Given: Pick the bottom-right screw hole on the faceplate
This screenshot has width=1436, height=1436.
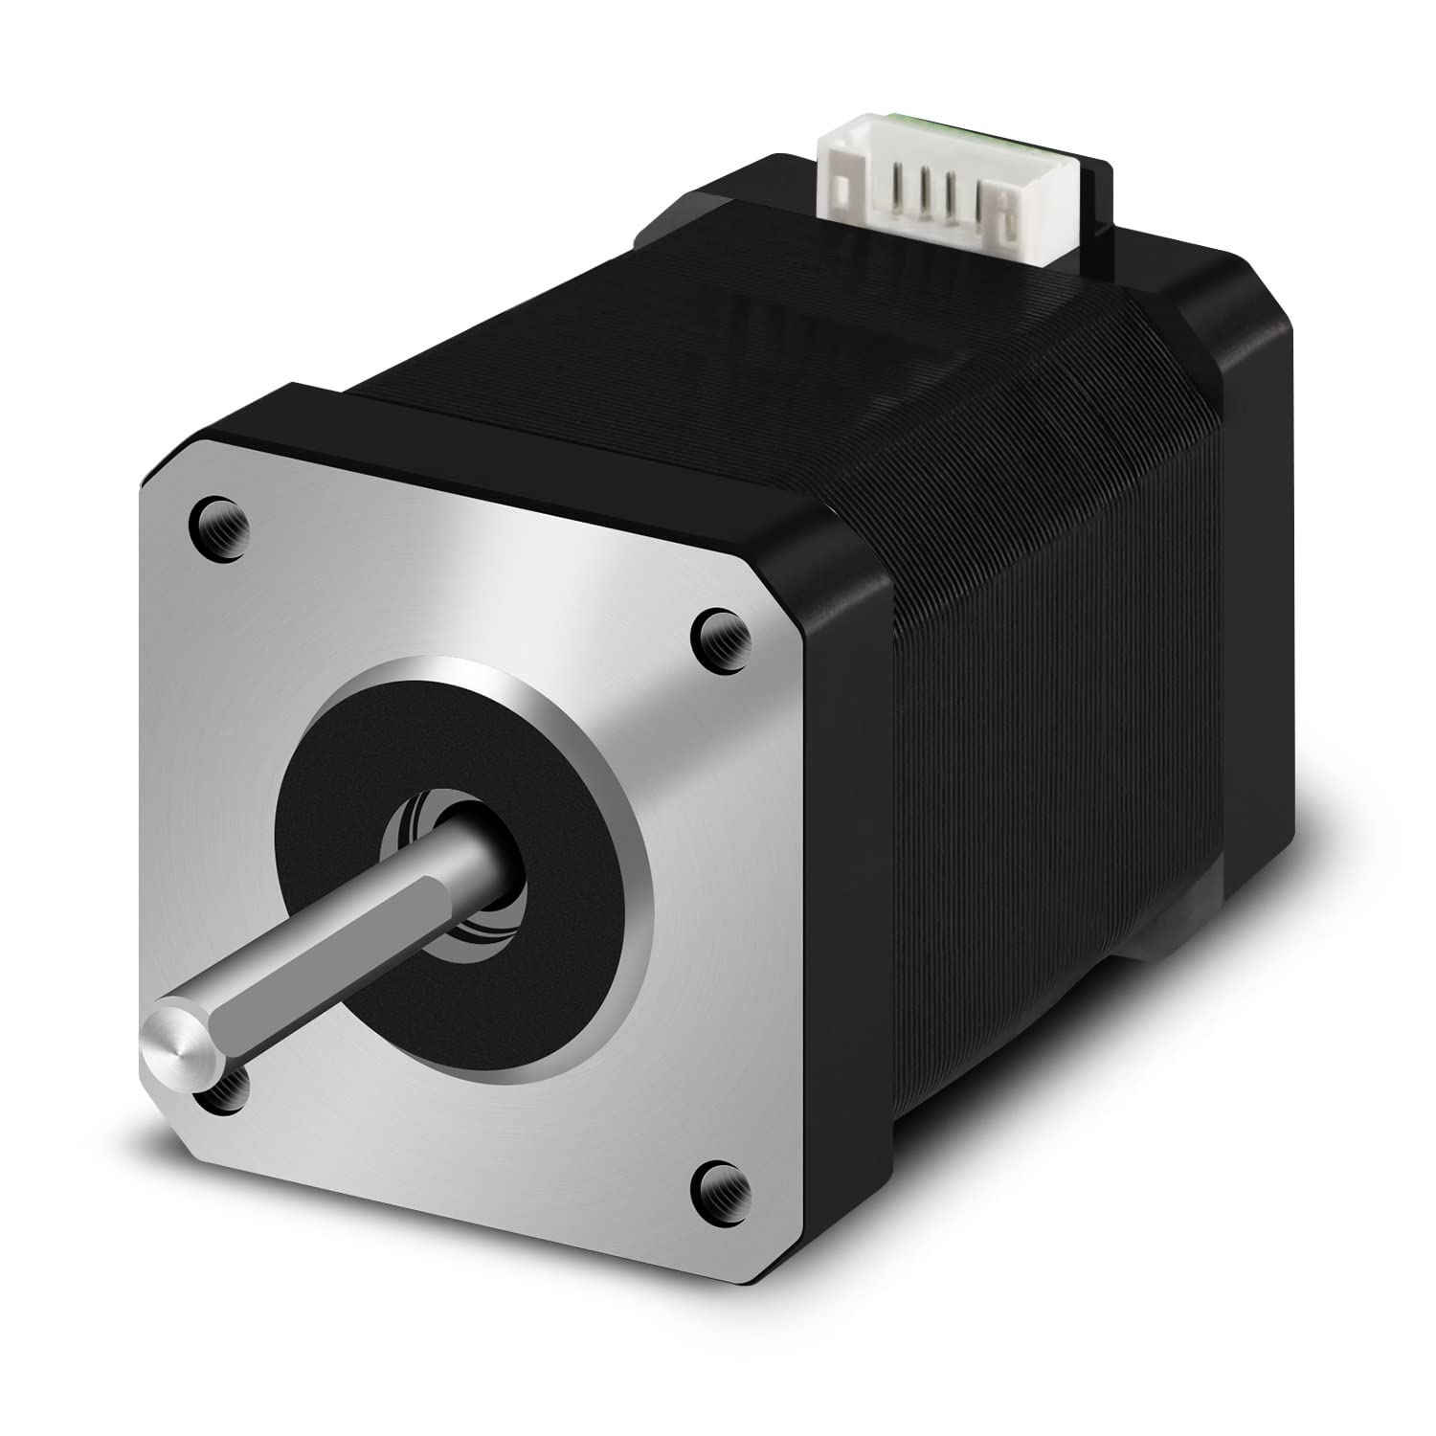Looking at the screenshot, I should coord(718,1181).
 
